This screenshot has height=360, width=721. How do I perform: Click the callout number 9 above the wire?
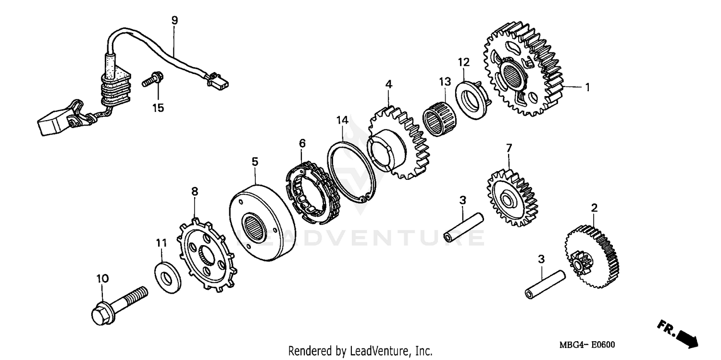tap(174, 20)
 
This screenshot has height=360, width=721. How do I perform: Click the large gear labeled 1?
tap(522, 70)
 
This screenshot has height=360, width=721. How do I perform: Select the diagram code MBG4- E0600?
tap(586, 345)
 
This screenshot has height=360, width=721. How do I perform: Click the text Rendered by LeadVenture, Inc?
tap(360, 351)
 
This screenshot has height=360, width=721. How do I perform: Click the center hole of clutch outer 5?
tap(252, 226)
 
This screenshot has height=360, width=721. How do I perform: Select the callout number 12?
tap(463, 62)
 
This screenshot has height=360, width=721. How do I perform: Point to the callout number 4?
tap(388, 85)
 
